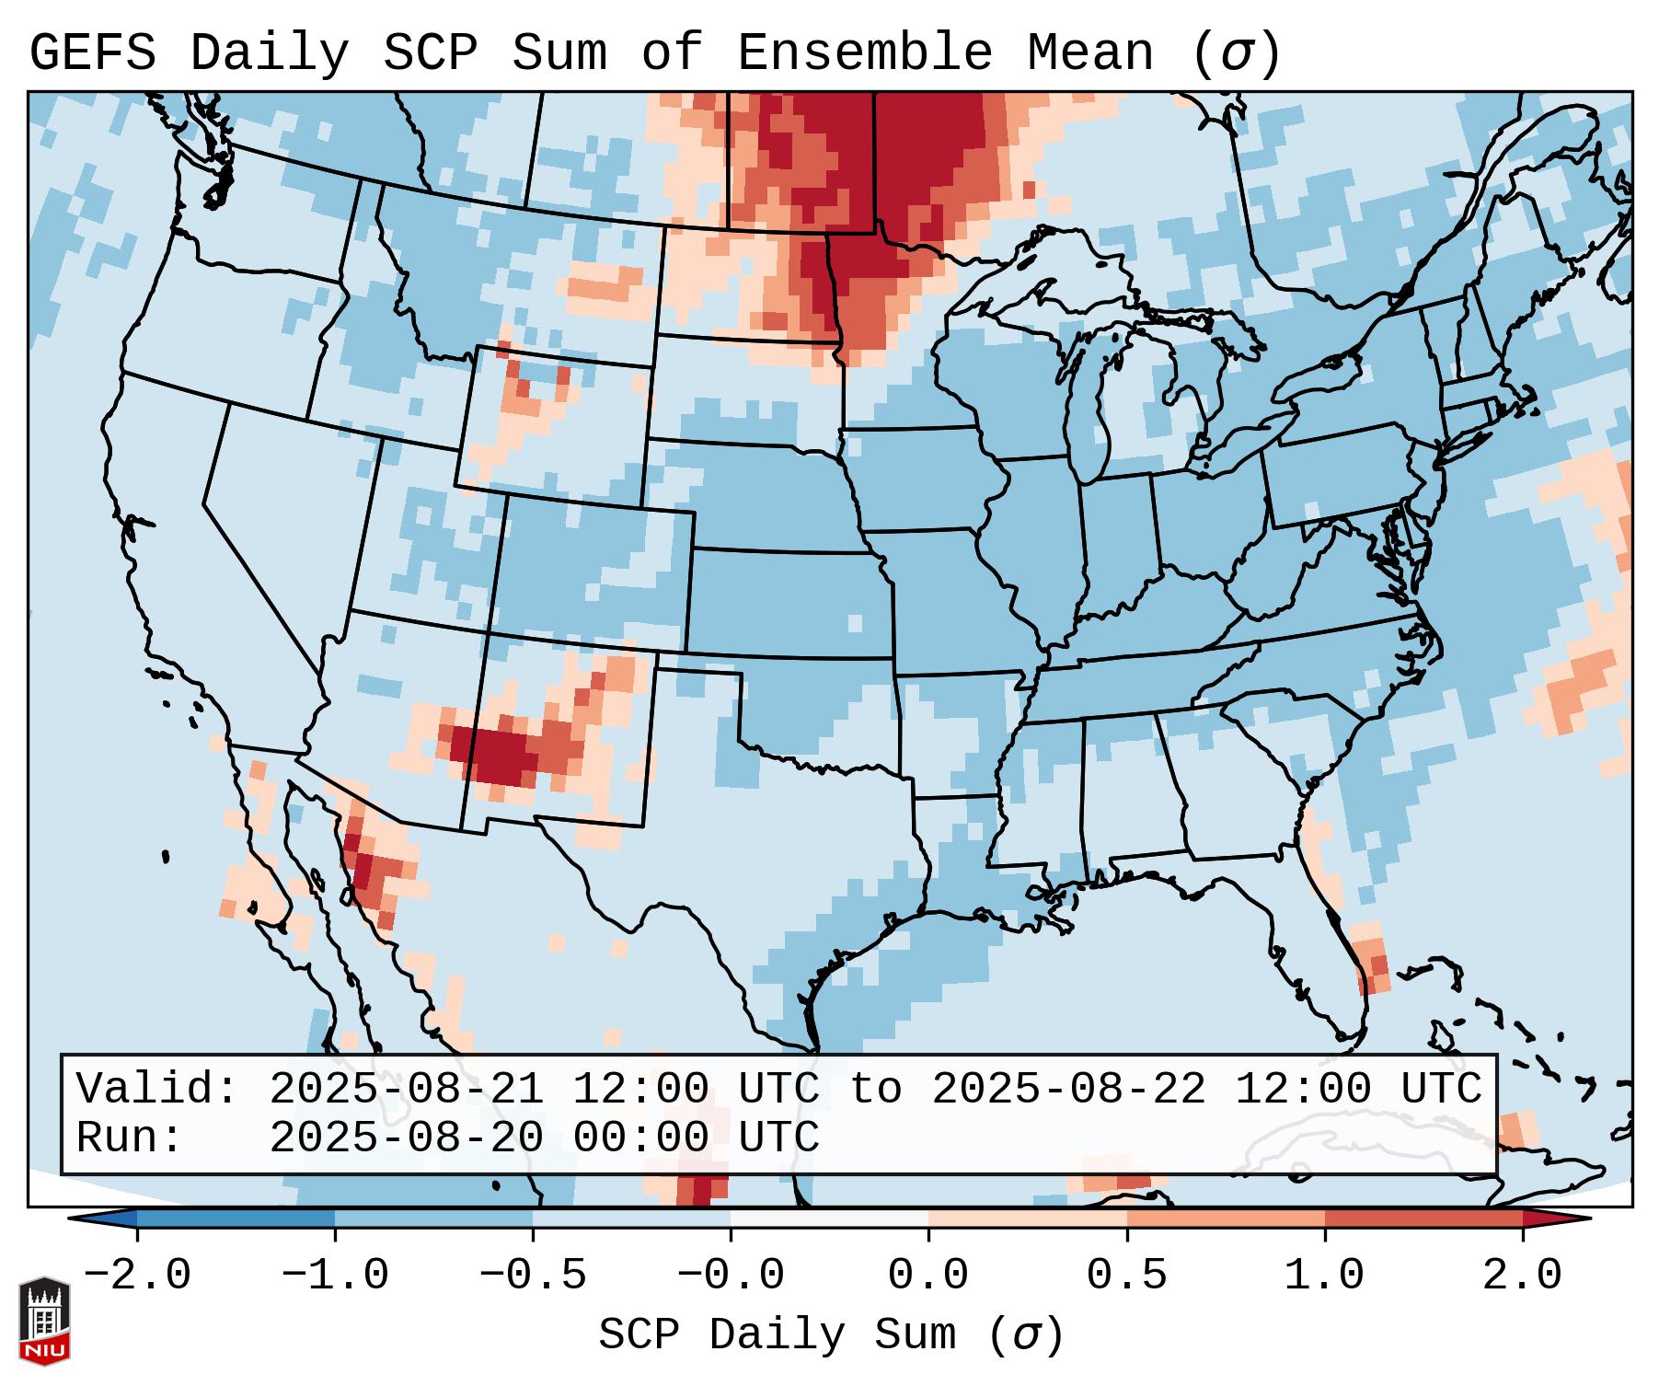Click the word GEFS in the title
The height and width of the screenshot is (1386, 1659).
point(92,53)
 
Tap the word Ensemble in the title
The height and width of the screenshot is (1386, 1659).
point(864,53)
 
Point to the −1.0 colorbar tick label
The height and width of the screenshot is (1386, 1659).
point(334,1276)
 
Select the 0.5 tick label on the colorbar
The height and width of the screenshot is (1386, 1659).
point(1126,1276)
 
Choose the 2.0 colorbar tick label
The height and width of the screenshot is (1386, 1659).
point(1522,1276)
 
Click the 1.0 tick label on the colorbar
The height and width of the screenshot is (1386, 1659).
point(1324,1276)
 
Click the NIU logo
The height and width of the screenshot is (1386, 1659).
point(44,1322)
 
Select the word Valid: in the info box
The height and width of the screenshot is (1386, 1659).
point(156,1089)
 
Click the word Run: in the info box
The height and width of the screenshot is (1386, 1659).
point(129,1138)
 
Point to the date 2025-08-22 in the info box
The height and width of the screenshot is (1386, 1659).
point(1068,1089)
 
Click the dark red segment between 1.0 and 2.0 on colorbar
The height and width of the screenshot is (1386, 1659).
point(1423,1219)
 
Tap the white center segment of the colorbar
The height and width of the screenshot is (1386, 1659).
point(829,1219)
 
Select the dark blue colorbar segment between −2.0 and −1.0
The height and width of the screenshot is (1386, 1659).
point(235,1219)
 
